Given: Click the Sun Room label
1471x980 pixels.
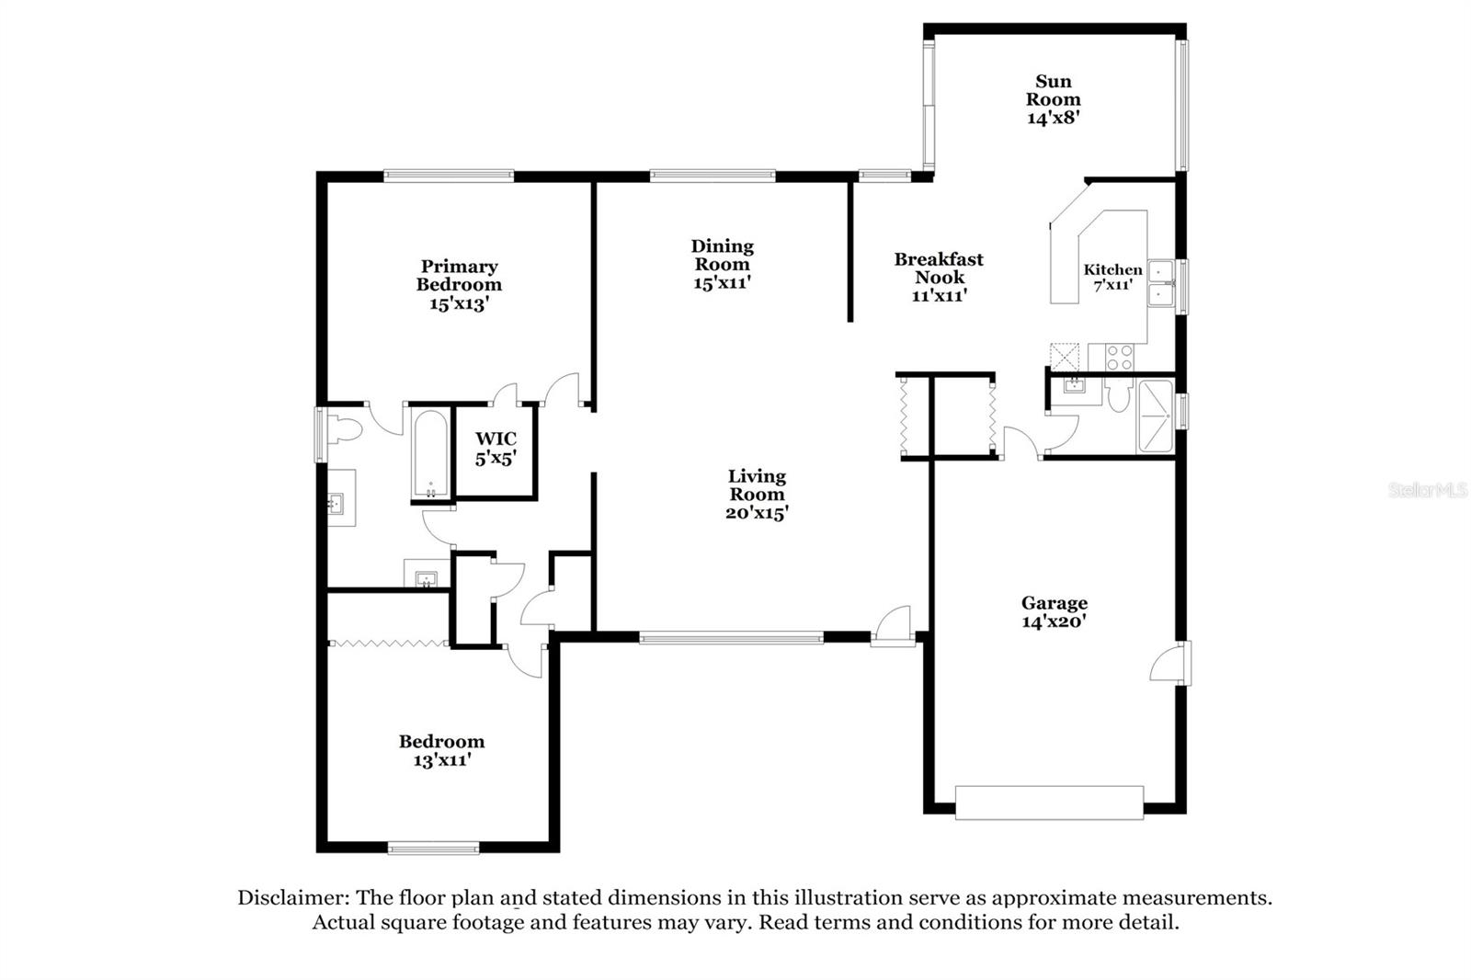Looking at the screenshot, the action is pos(1053,90).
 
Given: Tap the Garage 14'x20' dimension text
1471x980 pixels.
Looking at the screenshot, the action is pos(1054,621).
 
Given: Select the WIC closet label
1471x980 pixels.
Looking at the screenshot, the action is pos(496,439).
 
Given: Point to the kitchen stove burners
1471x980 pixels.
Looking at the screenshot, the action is pos(1119,356).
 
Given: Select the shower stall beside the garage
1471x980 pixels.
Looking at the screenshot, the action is pos(1155,416).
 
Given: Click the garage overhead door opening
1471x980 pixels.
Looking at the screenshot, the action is pos(1049,802).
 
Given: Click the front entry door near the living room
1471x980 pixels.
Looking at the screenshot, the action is pos(894,627).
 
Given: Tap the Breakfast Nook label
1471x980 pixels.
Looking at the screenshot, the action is pos(939,268).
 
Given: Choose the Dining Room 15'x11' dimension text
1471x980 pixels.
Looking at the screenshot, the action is pos(723,282).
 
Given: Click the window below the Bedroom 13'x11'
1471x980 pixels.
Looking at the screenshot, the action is pos(433,848).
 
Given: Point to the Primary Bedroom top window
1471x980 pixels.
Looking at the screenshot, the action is pos(448,175).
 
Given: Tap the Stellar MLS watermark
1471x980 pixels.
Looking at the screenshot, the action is pos(1427,490).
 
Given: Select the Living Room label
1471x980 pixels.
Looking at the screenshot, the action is pos(757,484).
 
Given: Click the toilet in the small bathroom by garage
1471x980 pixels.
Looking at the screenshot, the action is pos(1118,396).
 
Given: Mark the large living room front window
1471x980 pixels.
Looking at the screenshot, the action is pos(731,636).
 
